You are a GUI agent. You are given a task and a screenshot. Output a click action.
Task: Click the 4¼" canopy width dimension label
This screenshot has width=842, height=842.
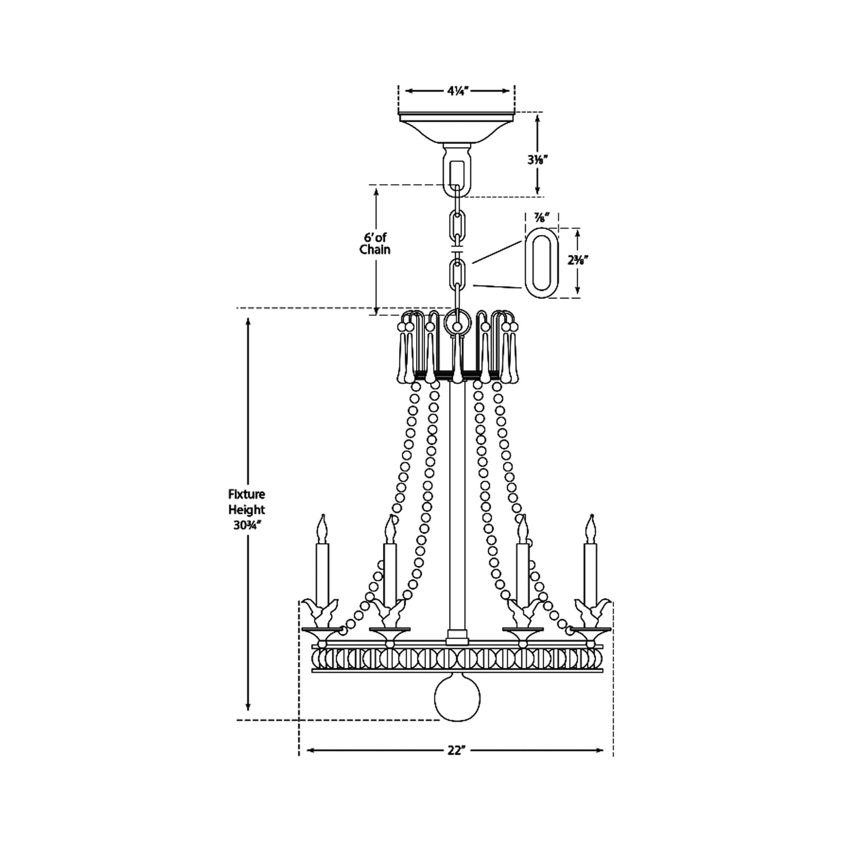[x=458, y=91]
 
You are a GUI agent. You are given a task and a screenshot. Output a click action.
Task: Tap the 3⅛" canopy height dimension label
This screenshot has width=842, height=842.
[x=537, y=160]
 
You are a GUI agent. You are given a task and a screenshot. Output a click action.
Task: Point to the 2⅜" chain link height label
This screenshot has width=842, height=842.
[x=577, y=260]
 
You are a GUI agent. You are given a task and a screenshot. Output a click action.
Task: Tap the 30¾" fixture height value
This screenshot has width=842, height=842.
[x=246, y=526]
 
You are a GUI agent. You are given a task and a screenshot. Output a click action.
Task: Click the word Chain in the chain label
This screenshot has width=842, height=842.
[x=375, y=249]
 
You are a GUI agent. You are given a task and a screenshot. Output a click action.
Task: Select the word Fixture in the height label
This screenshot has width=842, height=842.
[x=246, y=494]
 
